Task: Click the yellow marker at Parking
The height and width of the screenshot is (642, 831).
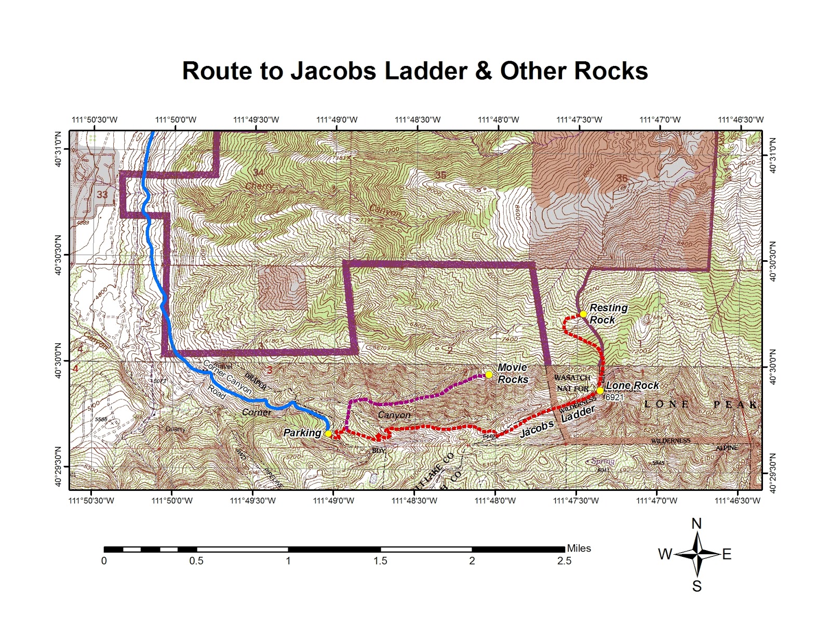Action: pos(328,433)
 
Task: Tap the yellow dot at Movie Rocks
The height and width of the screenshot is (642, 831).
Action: pos(488,374)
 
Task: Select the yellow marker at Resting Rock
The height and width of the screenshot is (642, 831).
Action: pos(583,314)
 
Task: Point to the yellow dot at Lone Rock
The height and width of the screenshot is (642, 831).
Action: pos(600,391)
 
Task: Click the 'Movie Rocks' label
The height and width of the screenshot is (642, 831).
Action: pos(513,373)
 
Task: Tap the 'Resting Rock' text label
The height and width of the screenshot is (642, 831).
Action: pos(608,314)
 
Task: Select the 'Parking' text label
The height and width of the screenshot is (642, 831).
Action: pos(302,433)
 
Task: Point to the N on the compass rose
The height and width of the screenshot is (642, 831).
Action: pos(696,524)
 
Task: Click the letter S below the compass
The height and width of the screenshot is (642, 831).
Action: pos(696,586)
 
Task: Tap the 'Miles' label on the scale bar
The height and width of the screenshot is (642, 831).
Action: pos(579,548)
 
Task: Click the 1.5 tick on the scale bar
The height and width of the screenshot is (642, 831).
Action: pos(380,561)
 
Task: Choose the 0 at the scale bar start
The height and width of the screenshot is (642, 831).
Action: pos(104,561)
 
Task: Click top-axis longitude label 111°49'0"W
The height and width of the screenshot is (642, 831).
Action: pos(337,119)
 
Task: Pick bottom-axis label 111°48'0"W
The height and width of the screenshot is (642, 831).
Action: pos(495,501)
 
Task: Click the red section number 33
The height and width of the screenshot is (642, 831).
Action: pos(102,195)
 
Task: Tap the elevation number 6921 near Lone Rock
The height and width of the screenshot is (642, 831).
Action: pos(614,397)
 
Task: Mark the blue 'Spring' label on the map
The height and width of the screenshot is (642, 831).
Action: pos(603,461)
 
